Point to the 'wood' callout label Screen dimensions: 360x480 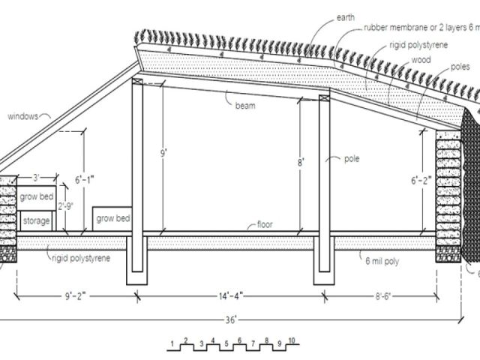(x=421, y=59)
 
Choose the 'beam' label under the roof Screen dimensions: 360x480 (x=244, y=106)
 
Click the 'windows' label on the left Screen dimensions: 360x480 (x=24, y=116)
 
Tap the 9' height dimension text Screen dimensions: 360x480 (x=164, y=154)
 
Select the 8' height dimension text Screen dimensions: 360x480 (x=301, y=161)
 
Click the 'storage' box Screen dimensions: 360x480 (x=36, y=221)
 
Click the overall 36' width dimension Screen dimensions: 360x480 (x=233, y=320)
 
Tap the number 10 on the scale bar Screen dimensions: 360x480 (x=292, y=341)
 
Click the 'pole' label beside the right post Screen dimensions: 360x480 (x=352, y=159)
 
